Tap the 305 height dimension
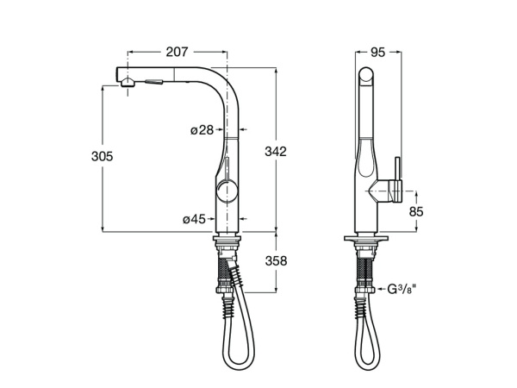[103, 156]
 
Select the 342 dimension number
[275, 151]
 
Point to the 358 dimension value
[275, 260]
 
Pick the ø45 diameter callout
[194, 219]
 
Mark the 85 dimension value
[415, 210]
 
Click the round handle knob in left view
[225, 191]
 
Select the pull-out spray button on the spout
[155, 83]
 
